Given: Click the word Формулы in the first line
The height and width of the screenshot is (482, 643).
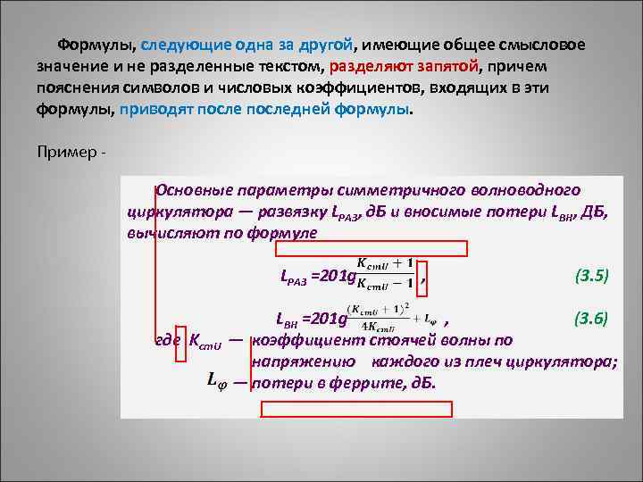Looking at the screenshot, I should click(x=96, y=45).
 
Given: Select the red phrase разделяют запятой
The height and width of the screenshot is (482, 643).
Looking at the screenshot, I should click(x=404, y=67).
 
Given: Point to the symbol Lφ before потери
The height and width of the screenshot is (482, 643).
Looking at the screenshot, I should click(x=216, y=381).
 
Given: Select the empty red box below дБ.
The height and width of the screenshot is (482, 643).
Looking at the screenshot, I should click(x=356, y=409).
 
